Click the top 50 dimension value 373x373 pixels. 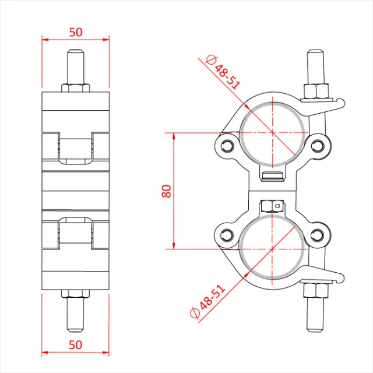75,32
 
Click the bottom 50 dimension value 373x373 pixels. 75,344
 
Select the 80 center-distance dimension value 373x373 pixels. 167,191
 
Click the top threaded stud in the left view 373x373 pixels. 75,66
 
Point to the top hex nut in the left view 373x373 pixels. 75,87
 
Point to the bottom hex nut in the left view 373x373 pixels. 75,293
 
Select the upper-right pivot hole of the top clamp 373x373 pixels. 317,143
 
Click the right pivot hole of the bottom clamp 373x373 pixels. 317,235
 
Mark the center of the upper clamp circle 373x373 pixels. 272,133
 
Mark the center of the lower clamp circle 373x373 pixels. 272,249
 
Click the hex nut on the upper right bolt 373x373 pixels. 313,90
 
